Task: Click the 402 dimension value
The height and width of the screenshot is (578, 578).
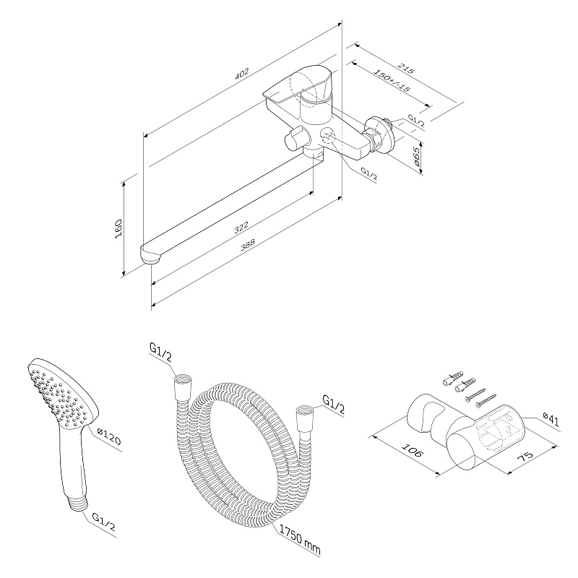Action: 242,74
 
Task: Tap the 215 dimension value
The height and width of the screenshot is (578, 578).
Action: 406,68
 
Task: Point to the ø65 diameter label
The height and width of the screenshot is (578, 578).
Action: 417,156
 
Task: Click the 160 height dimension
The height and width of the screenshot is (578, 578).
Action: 118,228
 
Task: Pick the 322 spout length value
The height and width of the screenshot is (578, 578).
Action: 241,228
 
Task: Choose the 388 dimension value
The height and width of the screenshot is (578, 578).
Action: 247,245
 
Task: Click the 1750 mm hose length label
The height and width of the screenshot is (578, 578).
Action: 299,540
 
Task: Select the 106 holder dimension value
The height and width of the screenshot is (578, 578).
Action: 411,449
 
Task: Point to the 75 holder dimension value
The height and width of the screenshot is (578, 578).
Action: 526,457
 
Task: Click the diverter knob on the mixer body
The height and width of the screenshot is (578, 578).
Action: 296,139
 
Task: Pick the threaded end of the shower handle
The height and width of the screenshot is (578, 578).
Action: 77,503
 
